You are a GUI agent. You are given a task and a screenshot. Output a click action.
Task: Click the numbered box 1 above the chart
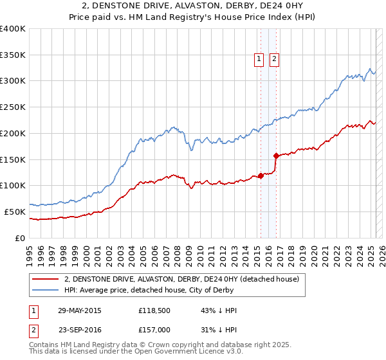tap(259, 59)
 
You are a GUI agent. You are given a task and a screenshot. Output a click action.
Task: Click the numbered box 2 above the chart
tap(274, 59)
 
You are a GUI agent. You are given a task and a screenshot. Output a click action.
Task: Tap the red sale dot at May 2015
tap(261, 175)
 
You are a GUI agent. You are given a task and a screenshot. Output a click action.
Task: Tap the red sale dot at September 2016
tap(276, 155)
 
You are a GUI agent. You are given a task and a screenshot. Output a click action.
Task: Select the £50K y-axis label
tap(15, 212)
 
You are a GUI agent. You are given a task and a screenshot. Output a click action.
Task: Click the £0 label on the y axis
tap(20, 238)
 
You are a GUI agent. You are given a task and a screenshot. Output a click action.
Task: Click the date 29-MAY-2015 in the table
tap(80, 310)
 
